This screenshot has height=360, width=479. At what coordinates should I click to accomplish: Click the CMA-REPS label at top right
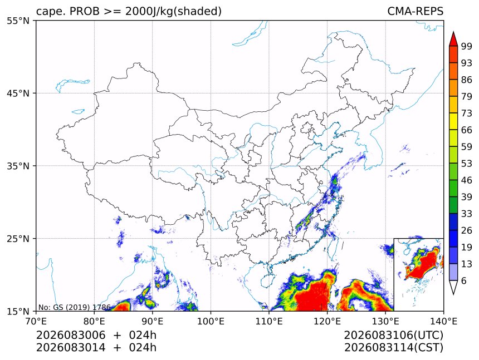click(x=415, y=11)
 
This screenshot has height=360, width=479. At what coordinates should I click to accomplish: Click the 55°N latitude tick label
click(x=18, y=21)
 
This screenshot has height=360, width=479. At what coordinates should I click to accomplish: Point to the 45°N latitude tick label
click(x=18, y=93)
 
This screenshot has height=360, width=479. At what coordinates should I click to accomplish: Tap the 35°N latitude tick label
click(x=18, y=166)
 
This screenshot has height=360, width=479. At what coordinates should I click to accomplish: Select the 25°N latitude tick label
click(x=18, y=239)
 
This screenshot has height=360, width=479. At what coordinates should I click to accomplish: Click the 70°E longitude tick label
click(x=36, y=321)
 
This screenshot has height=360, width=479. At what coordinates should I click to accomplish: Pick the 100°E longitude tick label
click(x=211, y=321)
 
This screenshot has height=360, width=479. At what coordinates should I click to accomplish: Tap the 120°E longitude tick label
click(x=327, y=321)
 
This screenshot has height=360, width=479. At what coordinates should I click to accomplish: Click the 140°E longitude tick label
click(x=443, y=321)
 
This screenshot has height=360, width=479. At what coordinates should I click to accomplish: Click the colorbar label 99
click(x=467, y=46)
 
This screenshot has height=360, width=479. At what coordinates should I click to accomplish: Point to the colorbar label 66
click(x=467, y=130)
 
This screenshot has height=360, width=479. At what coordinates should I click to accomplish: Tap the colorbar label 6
click(x=464, y=280)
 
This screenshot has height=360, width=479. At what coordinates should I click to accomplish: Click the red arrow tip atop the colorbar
click(x=453, y=32)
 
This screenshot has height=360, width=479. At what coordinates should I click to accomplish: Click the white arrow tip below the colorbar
click(x=453, y=294)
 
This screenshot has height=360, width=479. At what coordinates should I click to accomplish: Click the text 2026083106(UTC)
click(x=393, y=336)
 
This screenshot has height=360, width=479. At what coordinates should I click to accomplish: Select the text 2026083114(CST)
click(x=393, y=348)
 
